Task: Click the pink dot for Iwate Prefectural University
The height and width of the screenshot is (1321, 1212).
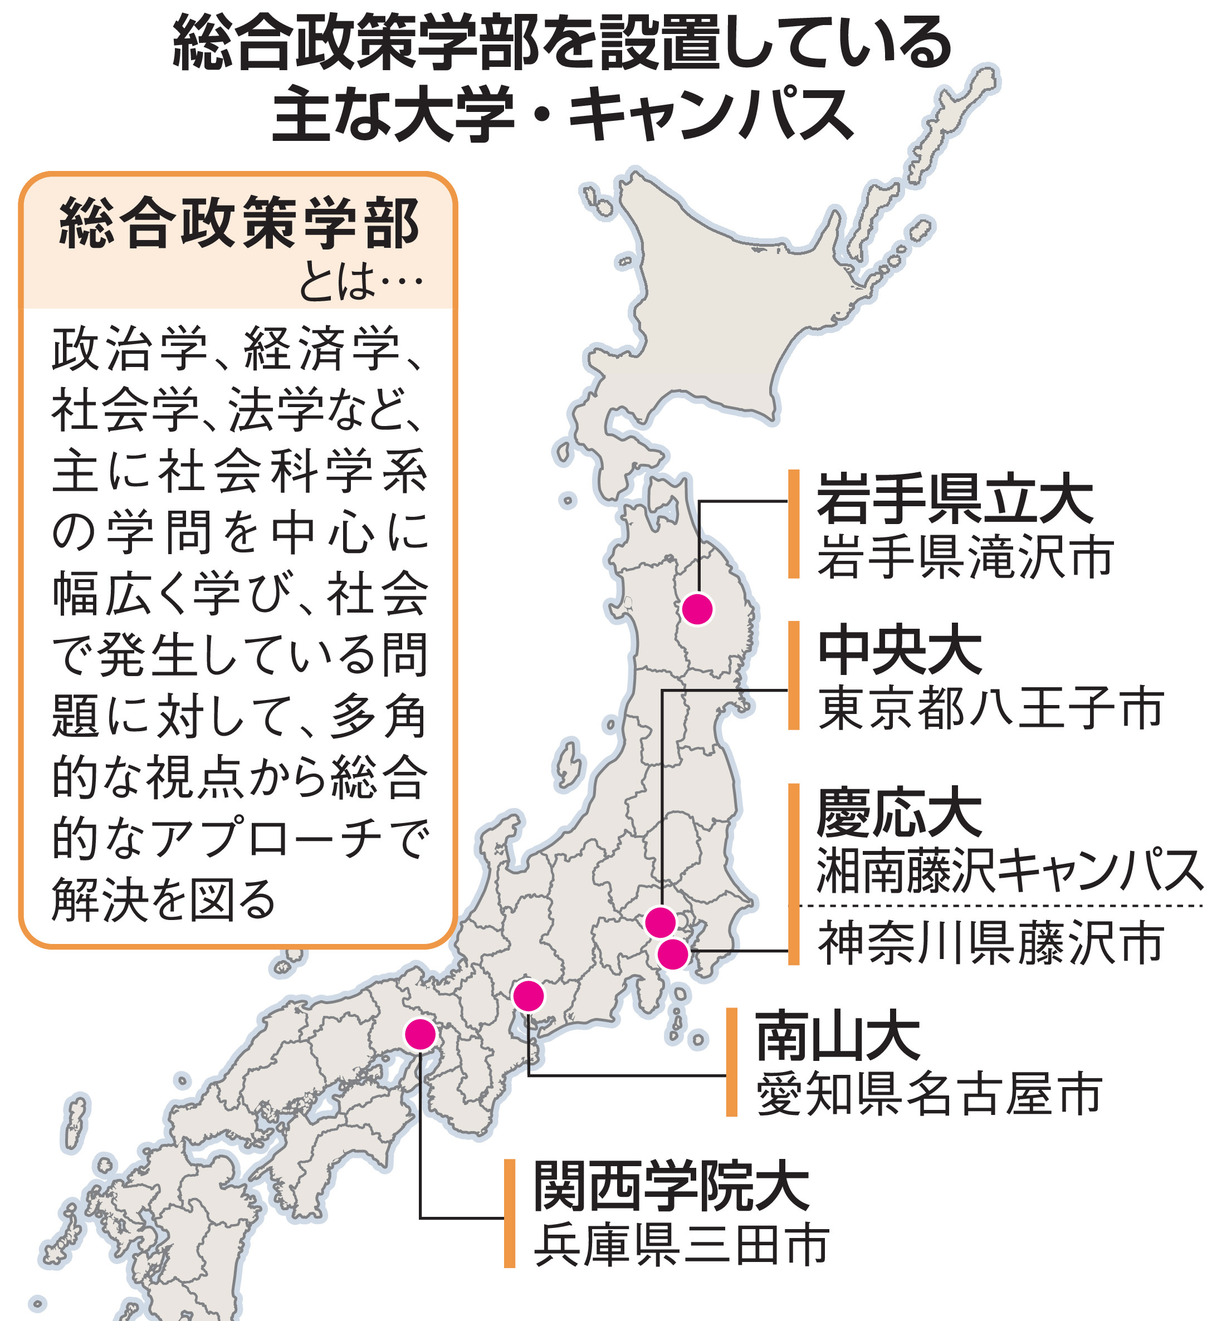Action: click(697, 609)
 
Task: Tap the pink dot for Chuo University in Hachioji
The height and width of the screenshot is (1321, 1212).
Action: click(661, 922)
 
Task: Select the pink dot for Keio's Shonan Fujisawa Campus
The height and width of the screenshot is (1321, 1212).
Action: click(673, 954)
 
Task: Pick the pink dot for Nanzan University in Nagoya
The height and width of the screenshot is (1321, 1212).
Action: click(529, 996)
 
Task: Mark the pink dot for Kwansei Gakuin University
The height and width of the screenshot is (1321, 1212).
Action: click(421, 1035)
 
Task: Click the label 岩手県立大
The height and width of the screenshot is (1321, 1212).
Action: click(954, 500)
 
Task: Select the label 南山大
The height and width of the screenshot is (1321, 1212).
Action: click(838, 1037)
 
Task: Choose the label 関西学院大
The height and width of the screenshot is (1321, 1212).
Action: click(672, 1187)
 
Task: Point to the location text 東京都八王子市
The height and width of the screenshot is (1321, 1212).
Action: click(990, 708)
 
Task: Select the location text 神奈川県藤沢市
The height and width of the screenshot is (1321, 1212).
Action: click(990, 943)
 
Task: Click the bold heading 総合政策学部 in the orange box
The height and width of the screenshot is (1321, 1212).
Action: click(239, 224)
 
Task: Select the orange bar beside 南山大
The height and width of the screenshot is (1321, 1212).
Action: click(732, 1063)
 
